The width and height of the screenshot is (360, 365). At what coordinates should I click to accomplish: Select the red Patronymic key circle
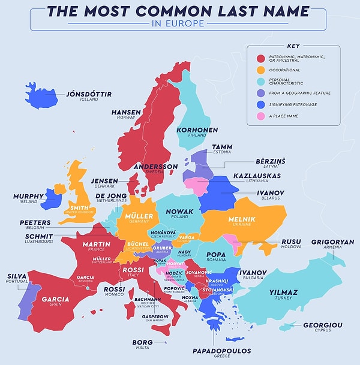261,59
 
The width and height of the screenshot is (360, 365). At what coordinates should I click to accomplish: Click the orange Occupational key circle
261,70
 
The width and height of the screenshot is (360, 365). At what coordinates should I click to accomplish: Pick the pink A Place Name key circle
261,115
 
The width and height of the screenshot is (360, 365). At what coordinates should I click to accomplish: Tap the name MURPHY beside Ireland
28,196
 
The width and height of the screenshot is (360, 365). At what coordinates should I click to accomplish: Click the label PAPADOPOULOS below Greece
222,350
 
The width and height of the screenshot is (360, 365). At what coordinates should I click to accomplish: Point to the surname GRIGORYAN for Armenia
332,242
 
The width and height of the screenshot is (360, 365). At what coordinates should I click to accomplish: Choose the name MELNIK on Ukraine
242,219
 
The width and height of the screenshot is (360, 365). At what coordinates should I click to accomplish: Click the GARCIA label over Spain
55,299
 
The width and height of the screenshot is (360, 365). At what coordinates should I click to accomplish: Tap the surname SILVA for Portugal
17,276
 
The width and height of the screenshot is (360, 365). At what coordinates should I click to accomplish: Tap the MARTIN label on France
96,244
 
